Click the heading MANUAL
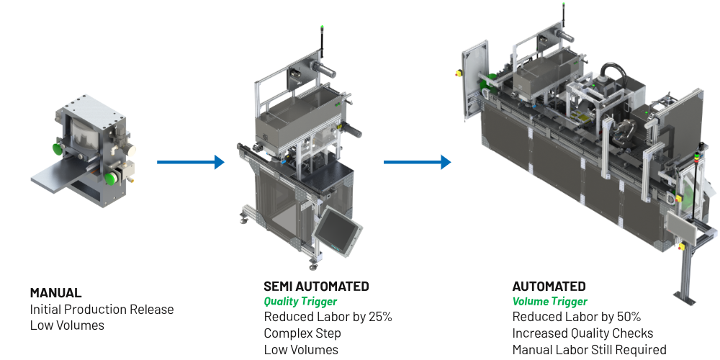point(55,292)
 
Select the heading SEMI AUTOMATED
point(316,286)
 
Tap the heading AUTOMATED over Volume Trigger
point(549,286)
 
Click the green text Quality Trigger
point(300,301)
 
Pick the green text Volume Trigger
point(549,301)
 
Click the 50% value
point(629,317)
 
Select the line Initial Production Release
point(102,309)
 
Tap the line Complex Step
point(302,333)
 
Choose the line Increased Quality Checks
point(582,333)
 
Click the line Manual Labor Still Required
point(589,349)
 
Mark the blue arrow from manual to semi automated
point(191,162)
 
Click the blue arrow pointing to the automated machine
point(417,162)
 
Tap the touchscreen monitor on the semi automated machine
point(337,229)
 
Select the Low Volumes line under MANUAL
point(67,325)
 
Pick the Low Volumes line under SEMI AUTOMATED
point(301,349)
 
